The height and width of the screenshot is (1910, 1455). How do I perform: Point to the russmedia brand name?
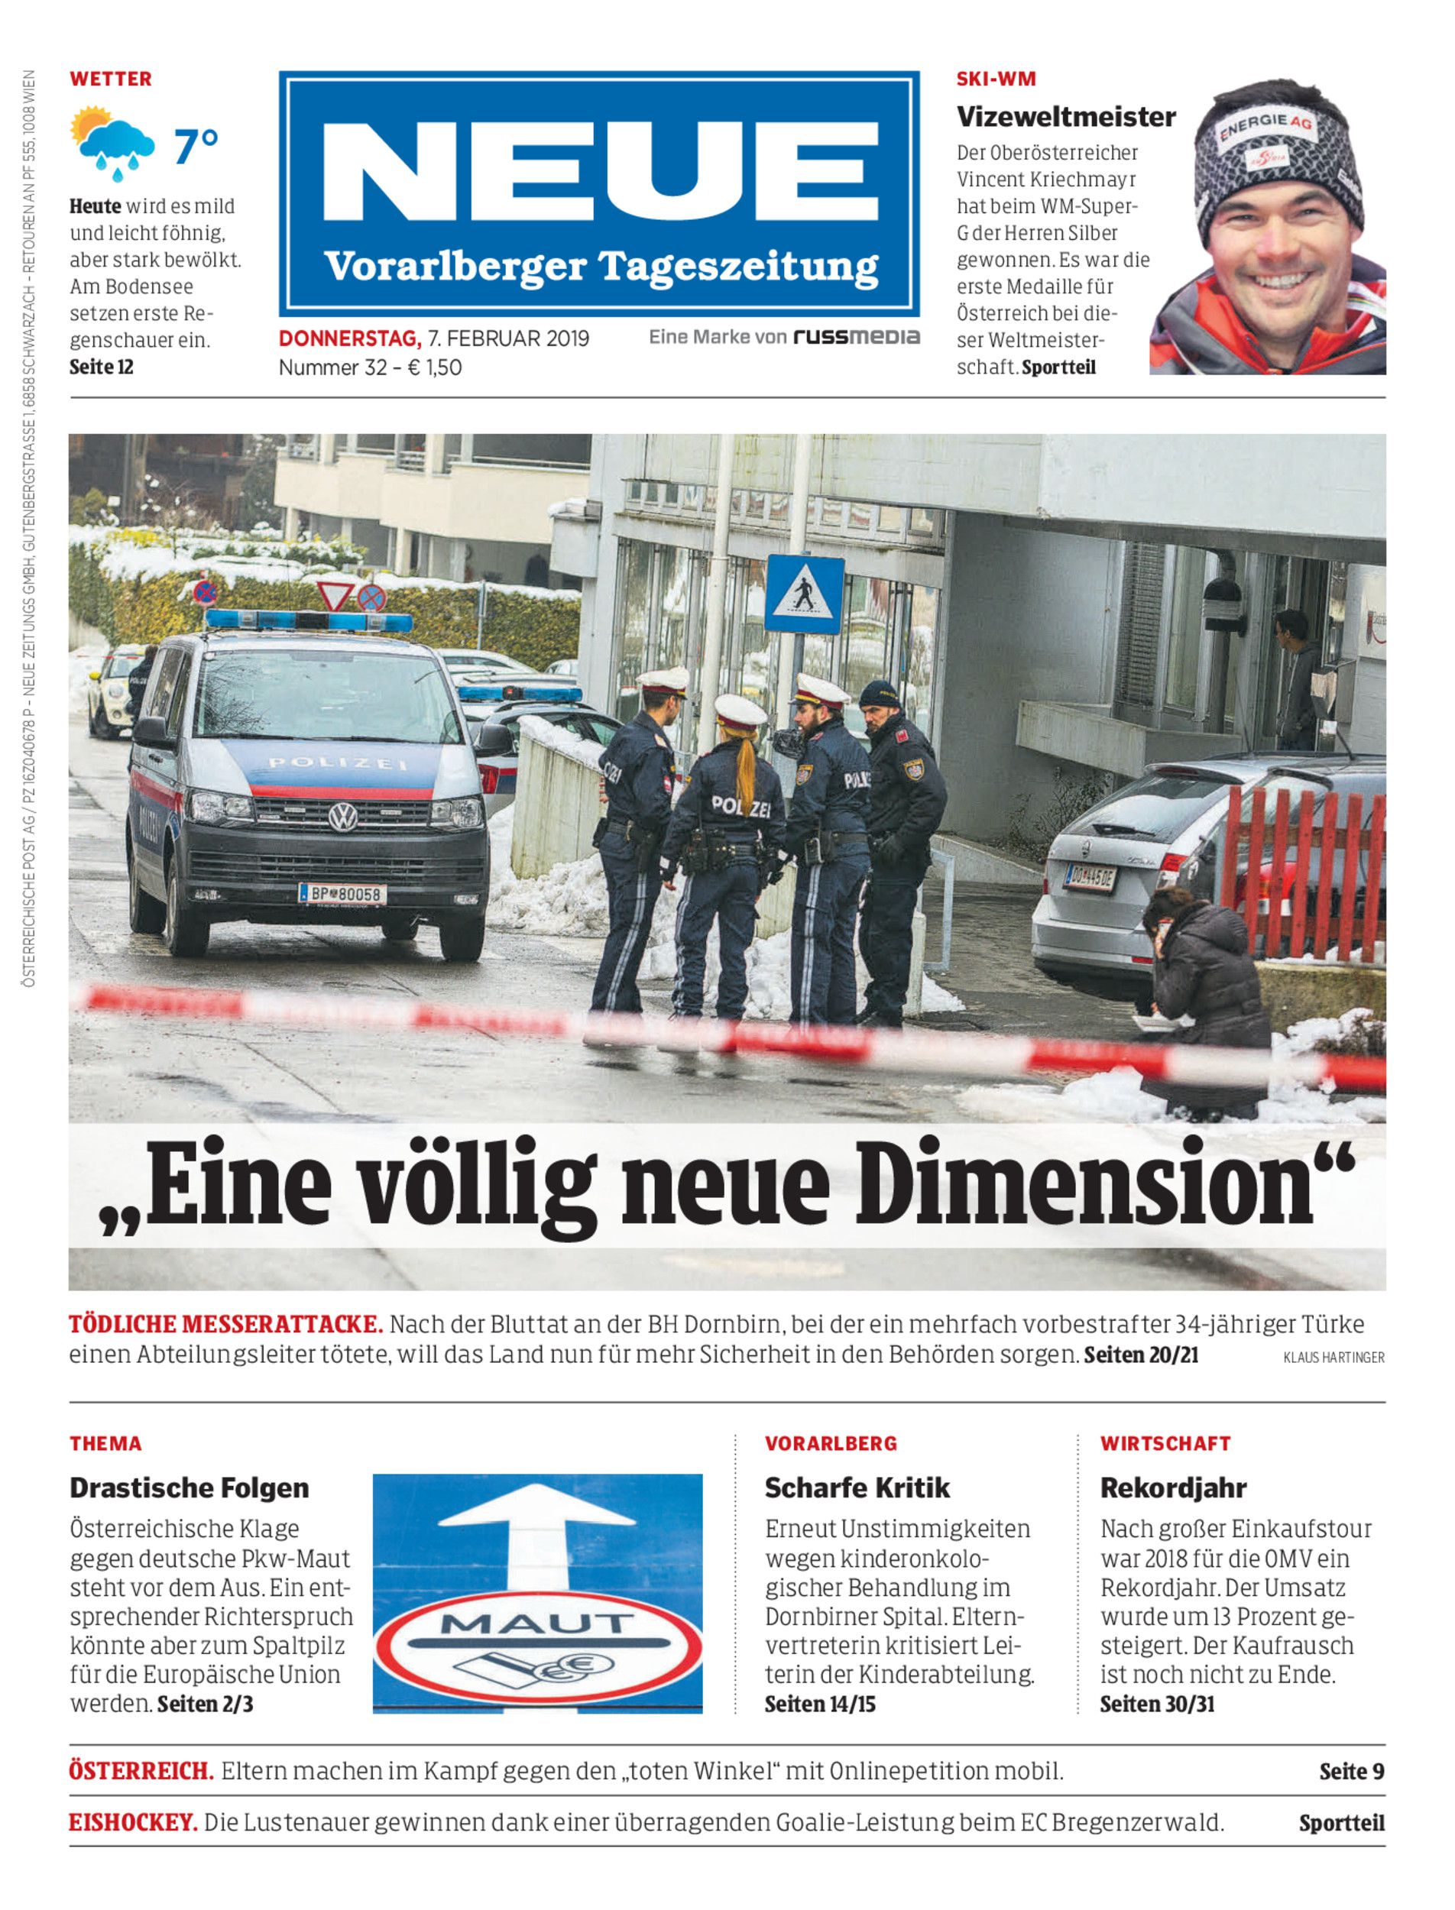[856, 338]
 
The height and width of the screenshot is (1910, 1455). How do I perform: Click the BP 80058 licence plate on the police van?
[343, 892]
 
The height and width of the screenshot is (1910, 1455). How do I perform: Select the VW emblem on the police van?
[343, 817]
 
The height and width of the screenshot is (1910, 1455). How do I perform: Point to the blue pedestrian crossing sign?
[805, 595]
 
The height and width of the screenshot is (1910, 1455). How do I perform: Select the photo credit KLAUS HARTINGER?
[1333, 1358]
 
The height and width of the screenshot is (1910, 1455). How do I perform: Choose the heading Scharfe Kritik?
[857, 1488]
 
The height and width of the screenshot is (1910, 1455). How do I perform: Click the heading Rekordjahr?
[1173, 1488]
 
